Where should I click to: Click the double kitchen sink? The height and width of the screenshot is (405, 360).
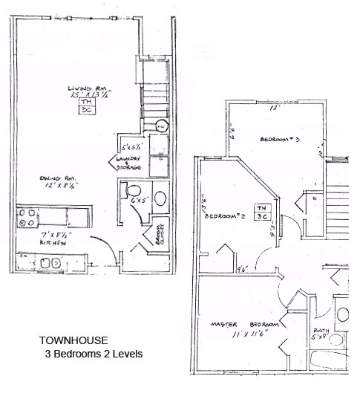[50, 262]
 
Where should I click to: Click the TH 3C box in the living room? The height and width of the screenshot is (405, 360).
[85, 106]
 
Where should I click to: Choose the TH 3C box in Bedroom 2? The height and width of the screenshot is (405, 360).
[262, 212]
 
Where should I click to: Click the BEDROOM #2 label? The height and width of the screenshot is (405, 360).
[223, 217]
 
